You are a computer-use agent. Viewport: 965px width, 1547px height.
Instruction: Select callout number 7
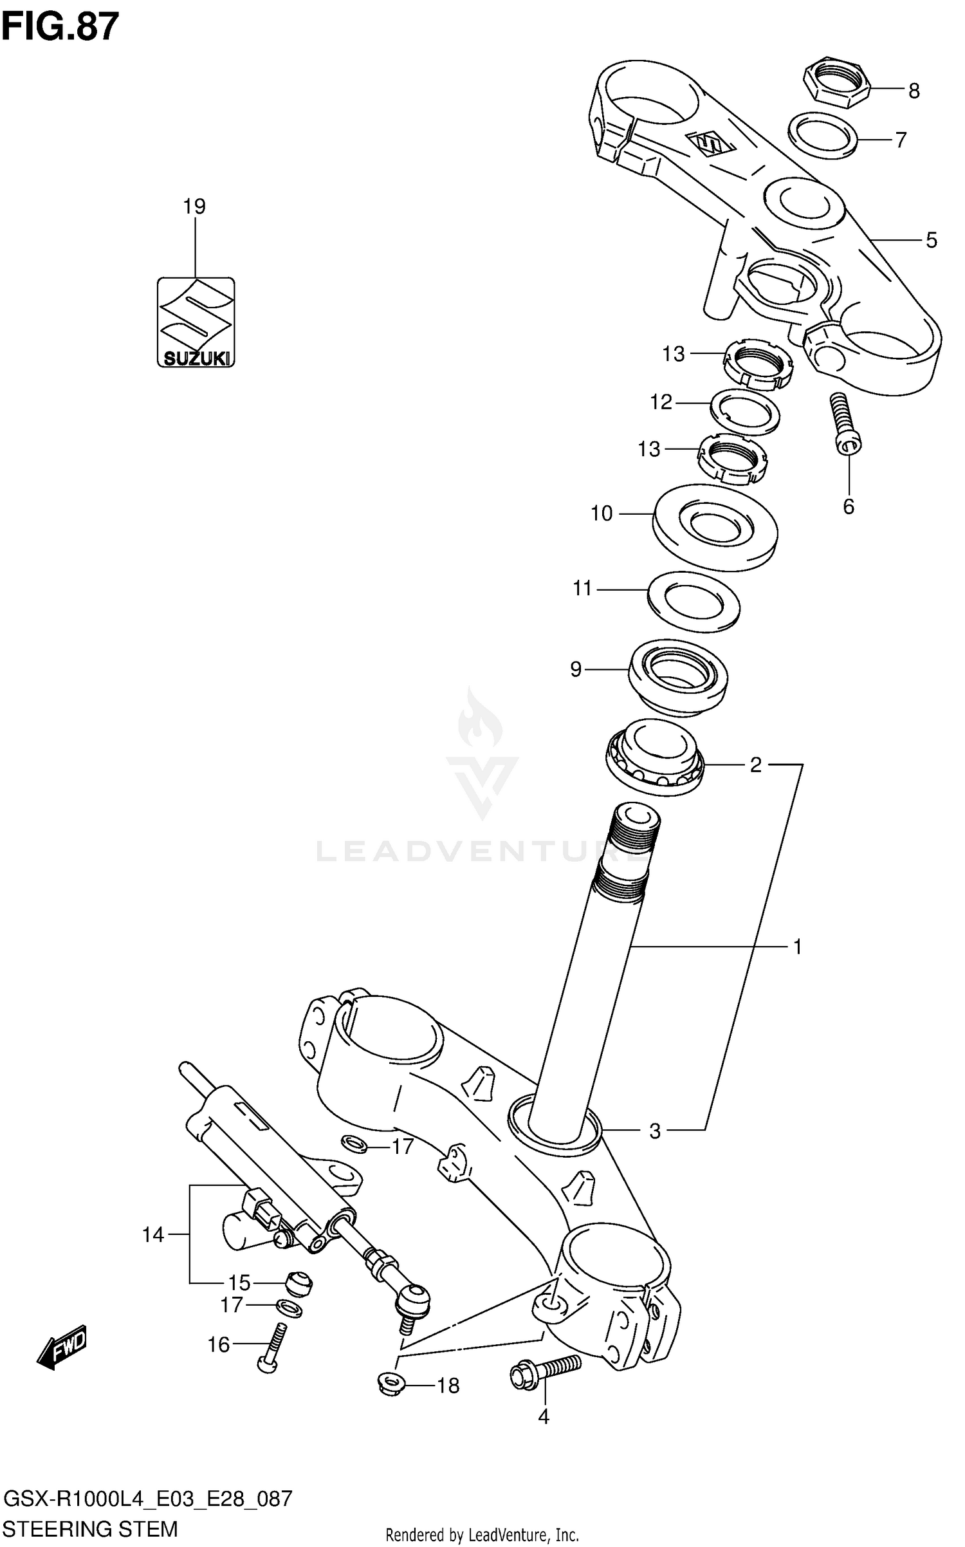pyautogui.click(x=901, y=140)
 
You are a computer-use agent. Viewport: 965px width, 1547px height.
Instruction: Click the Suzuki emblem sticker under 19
pyautogui.click(x=196, y=322)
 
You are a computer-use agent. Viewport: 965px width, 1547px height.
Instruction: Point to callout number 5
pyautogui.click(x=931, y=241)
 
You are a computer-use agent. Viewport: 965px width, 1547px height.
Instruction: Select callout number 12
pyautogui.click(x=661, y=402)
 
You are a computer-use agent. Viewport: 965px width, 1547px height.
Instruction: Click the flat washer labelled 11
pyautogui.click(x=694, y=600)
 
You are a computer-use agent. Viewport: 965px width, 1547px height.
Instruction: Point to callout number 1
pyautogui.click(x=797, y=947)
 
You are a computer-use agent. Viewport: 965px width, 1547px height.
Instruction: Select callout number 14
pyautogui.click(x=153, y=1234)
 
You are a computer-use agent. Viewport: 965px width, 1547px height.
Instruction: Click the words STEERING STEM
pyautogui.click(x=90, y=1529)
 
